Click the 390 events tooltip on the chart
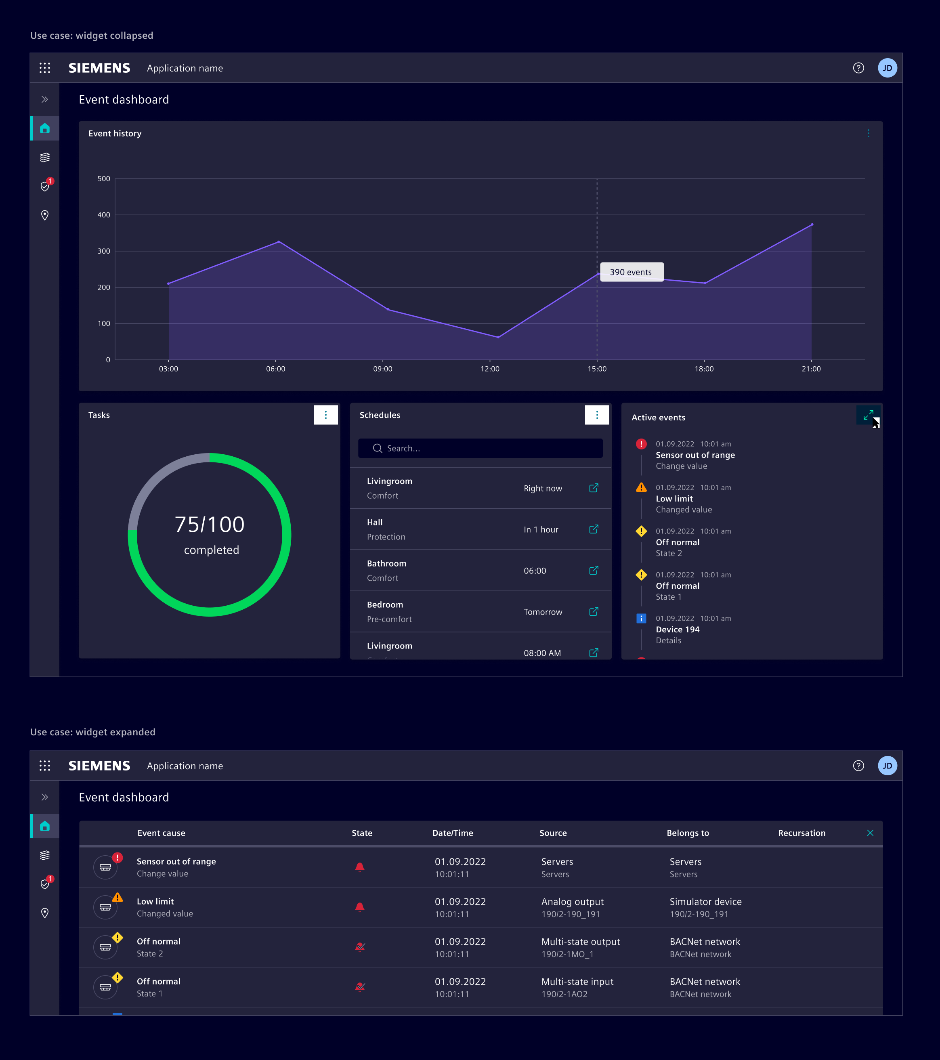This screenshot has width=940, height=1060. pos(631,272)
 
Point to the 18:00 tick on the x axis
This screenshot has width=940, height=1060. pos(703,369)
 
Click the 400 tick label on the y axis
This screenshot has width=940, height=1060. pos(104,215)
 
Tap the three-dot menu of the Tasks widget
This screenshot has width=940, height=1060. pos(325,415)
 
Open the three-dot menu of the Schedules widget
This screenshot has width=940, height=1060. pos(597,415)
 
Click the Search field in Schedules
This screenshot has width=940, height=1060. pos(480,448)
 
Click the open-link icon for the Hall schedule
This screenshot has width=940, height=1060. pos(594,529)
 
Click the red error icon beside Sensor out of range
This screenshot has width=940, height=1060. pos(641,444)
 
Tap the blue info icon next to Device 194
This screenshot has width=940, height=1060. pos(641,618)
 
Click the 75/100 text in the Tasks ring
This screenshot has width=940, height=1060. pos(210,524)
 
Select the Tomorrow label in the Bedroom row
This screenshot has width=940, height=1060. pos(542,612)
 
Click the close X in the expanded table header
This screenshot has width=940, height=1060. pos(870,833)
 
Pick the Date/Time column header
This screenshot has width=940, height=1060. pos(453,833)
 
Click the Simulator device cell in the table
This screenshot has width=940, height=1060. pos(705,902)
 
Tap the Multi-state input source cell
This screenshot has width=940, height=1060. pos(577,982)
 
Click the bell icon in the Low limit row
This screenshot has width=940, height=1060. pos(360,907)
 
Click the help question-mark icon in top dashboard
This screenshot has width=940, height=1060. pos(858,68)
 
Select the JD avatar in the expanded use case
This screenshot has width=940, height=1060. pos(887,766)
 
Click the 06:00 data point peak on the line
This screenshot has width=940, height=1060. pos(279,241)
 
